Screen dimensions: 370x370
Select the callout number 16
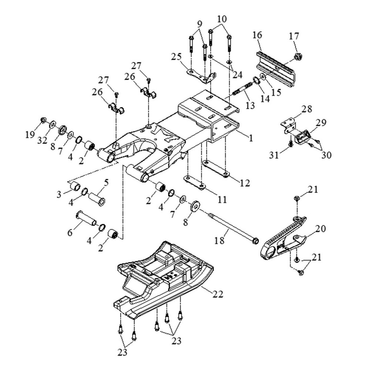[x=257, y=36]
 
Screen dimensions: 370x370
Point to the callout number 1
[x=250, y=138]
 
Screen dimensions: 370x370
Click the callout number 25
[x=176, y=57]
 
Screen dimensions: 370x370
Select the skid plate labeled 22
[x=163, y=281]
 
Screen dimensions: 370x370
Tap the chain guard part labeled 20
[x=283, y=240]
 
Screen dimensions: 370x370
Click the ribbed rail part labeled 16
[x=276, y=68]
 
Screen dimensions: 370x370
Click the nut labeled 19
[x=43, y=120]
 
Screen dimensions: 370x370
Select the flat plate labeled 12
[x=216, y=168]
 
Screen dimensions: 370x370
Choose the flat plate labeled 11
[x=194, y=182]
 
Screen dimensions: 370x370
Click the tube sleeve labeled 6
[x=86, y=218]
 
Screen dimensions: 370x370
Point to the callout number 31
[x=274, y=156]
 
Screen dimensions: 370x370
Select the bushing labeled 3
[x=75, y=186]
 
